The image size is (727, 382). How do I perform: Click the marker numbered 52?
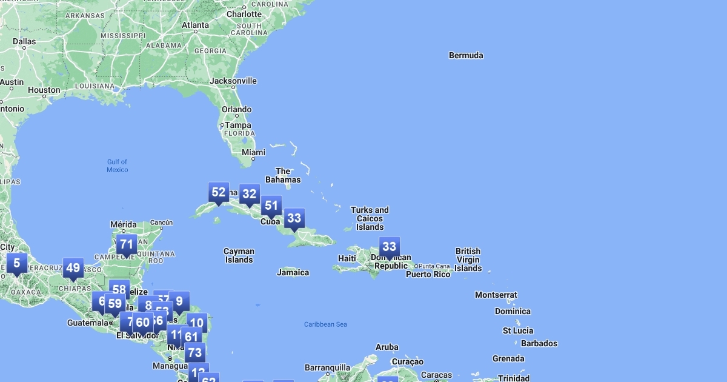219,193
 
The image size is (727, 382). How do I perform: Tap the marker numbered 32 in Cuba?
249,194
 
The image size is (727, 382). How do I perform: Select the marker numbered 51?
271,206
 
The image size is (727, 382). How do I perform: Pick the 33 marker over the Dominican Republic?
389,247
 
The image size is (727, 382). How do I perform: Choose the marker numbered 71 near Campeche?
126,245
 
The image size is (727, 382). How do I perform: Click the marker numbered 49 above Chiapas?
73,268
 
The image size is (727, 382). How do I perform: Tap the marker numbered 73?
194,352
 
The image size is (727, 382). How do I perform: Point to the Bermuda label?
466,55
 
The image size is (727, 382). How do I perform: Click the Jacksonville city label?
233,81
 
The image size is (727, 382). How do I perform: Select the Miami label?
253,152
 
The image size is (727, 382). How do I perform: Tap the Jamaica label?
293,272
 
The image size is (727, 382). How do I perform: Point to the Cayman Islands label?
239,255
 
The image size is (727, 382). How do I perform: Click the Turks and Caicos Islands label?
370,218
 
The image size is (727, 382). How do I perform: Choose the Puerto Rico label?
428,274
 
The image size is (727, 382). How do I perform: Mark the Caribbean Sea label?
325,324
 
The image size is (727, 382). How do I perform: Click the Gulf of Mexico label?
118,166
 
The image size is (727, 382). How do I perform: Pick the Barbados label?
539,343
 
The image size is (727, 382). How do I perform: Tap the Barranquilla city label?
327,367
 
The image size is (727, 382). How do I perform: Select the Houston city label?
44,90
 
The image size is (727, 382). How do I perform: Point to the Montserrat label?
496,295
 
